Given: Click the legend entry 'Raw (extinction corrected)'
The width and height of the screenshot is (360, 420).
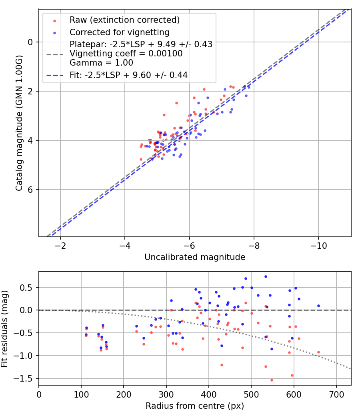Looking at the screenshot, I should [124, 20].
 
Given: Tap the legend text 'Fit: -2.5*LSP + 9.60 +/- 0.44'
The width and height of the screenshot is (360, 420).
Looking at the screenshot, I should [128, 75].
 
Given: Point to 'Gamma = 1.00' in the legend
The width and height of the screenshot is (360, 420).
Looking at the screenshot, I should [101, 63].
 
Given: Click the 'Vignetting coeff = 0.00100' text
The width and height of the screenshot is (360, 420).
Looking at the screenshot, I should [126, 54].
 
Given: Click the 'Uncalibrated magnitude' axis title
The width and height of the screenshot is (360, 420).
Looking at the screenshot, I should [195, 257].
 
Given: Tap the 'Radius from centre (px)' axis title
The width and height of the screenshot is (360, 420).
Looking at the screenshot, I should [195, 406].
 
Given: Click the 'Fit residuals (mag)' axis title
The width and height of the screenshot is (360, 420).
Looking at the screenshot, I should [5, 328].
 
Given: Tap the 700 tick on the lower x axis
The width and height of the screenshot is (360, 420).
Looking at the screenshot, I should [336, 394].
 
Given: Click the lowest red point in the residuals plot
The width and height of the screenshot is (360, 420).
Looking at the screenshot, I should [272, 380].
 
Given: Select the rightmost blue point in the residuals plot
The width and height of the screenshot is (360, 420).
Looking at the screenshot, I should [318, 306].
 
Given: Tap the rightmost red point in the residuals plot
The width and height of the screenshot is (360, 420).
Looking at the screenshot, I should [318, 352].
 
